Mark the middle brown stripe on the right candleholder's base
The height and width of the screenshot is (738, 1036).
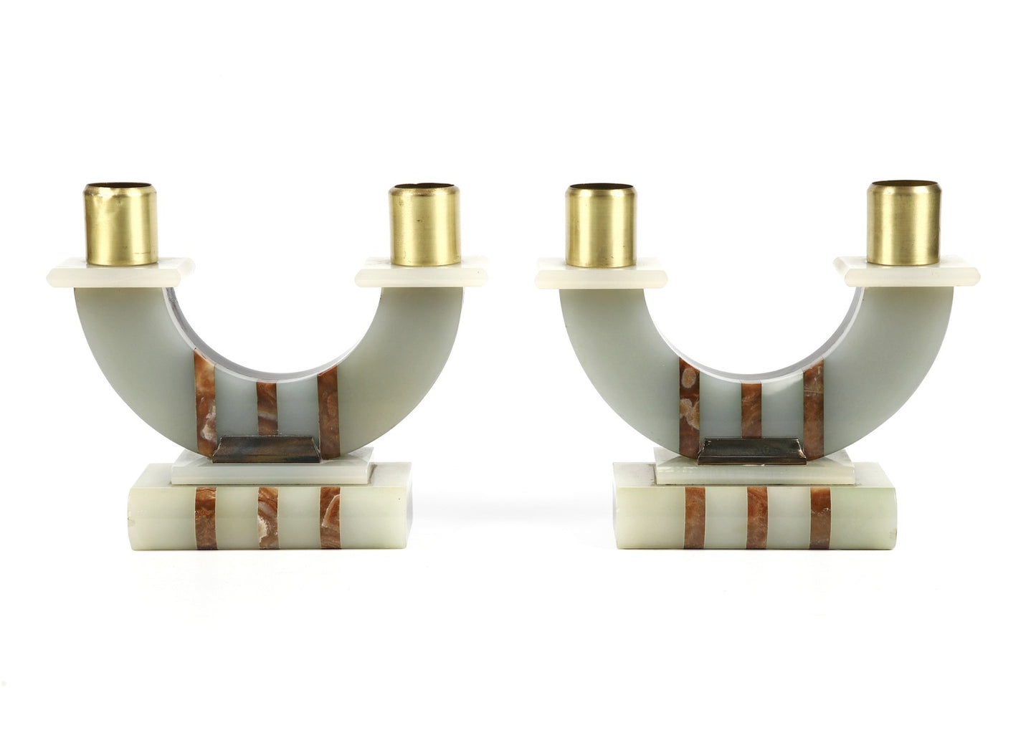[x=757, y=518]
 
